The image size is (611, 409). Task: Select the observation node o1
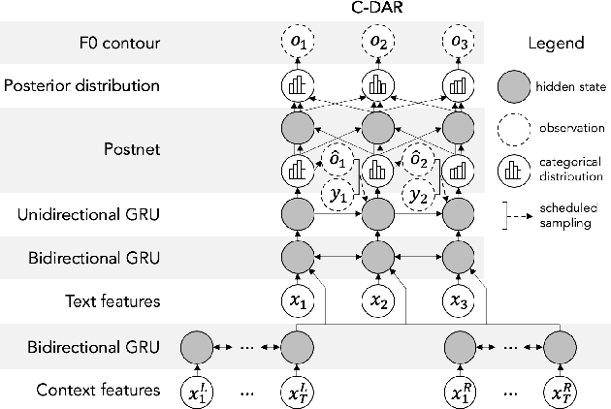point(299,45)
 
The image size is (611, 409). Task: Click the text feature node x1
point(299,301)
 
